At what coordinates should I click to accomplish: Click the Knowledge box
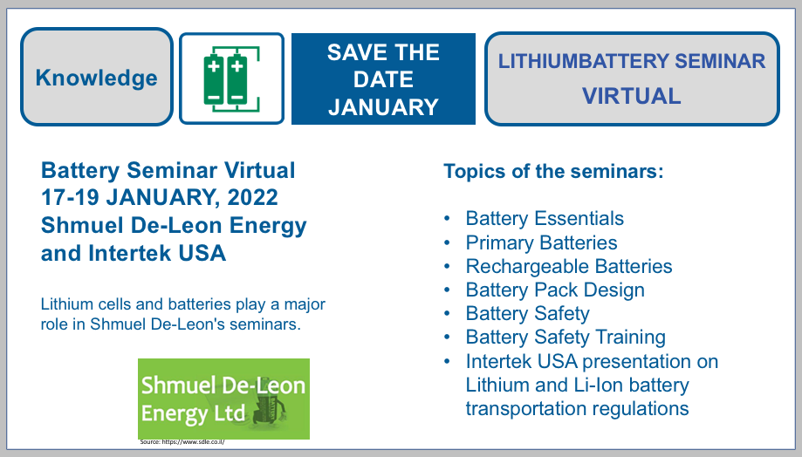(97, 77)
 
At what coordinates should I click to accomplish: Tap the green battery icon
(231, 78)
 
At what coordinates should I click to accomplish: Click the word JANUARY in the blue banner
(384, 107)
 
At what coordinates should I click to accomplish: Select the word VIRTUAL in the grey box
(632, 96)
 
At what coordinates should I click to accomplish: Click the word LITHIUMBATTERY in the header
(584, 61)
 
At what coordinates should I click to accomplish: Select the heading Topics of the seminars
(553, 171)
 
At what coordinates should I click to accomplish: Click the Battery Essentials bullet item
(545, 218)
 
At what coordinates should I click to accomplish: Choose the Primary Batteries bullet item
(541, 242)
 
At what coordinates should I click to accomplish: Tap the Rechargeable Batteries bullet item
(569, 266)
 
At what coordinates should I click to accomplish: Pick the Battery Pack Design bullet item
(555, 290)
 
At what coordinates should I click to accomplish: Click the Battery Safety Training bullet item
(566, 337)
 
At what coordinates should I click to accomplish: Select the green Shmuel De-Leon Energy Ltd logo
(223, 399)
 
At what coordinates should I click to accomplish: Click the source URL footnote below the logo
(182, 441)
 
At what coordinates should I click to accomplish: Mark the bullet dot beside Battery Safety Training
(447, 338)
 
